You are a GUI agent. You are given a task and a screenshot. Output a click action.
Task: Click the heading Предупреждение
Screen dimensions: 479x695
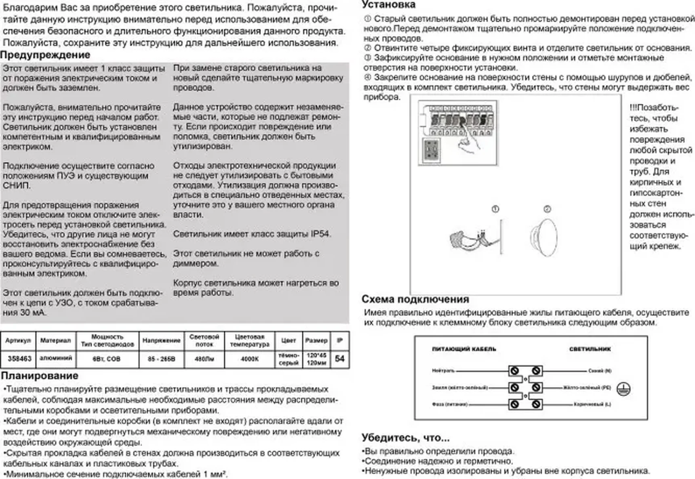pos(45,55)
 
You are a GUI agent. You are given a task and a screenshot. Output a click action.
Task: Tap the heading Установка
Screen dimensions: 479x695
pos(388,5)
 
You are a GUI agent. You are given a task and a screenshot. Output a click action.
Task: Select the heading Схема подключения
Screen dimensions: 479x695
pos(415,299)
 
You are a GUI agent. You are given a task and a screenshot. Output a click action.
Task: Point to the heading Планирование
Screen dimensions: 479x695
pos(40,376)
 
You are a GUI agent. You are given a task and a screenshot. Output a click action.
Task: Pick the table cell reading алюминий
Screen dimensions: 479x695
pos(56,358)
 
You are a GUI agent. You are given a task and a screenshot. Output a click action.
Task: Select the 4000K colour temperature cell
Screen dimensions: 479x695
pos(249,359)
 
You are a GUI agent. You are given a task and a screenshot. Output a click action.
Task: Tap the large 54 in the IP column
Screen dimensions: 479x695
pos(340,359)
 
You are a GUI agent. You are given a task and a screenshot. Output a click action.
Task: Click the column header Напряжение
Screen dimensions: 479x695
pos(161,340)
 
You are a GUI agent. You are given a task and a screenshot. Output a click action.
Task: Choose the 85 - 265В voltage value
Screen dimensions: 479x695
pos(161,359)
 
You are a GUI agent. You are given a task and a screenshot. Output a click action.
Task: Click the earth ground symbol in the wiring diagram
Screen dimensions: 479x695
pos(623,389)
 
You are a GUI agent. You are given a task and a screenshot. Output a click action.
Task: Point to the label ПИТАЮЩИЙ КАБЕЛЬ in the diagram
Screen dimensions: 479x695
pos(464,349)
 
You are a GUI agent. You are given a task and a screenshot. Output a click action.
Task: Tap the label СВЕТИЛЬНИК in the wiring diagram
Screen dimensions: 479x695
pos(590,349)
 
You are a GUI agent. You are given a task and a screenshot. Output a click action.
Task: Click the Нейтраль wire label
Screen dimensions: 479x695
pos(443,370)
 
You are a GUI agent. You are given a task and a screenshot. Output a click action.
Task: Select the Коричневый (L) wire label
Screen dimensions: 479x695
pos(592,404)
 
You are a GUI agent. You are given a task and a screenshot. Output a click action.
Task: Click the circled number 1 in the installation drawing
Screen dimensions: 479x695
pos(495,209)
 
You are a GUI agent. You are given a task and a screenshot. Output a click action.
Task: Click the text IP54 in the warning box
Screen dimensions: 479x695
pos(320,234)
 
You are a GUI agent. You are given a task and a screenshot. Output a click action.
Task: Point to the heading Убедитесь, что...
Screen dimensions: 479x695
pos(405,438)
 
